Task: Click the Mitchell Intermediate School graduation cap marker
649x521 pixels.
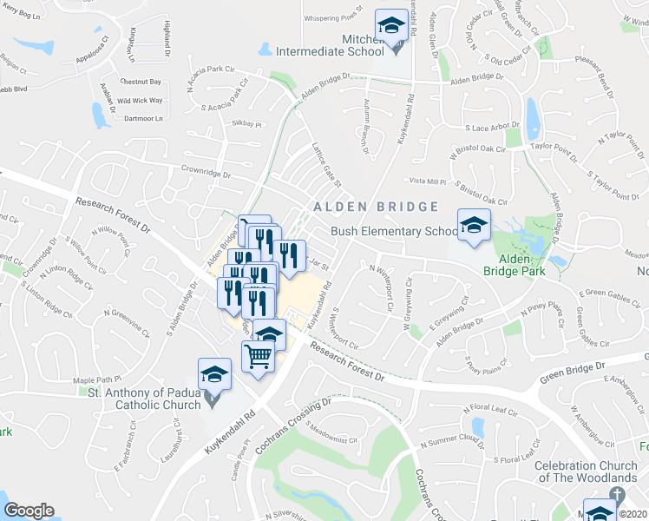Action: [390, 26]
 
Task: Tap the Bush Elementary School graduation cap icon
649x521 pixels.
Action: [474, 225]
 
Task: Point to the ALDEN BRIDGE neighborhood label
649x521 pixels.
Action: [376, 207]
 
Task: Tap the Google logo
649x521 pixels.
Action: [29, 511]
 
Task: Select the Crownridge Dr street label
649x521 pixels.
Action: [206, 172]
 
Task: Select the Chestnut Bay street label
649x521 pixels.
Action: [141, 82]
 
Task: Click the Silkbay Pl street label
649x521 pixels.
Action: [246, 124]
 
